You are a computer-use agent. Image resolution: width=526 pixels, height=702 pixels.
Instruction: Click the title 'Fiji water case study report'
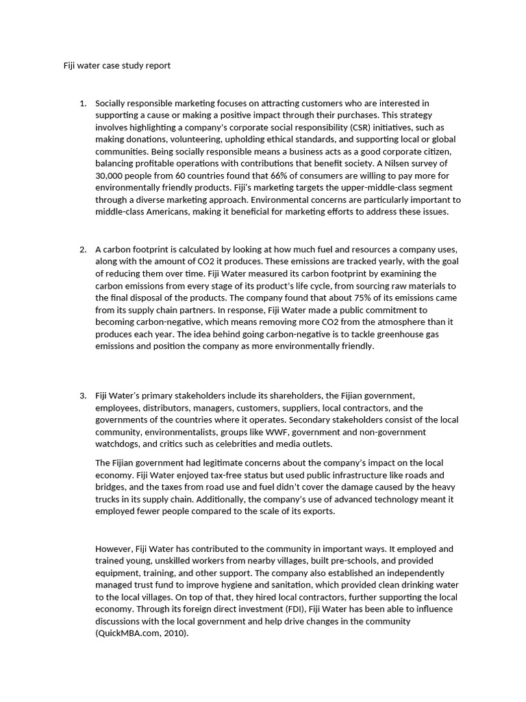pyautogui.click(x=112, y=66)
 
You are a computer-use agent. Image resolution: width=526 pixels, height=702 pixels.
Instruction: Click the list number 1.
pyautogui.click(x=82, y=103)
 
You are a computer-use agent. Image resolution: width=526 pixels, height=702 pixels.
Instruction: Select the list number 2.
pyautogui.click(x=82, y=249)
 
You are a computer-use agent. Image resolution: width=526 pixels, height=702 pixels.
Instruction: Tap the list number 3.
pyautogui.click(x=82, y=396)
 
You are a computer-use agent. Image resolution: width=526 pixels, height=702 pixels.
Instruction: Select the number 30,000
pyautogui.click(x=111, y=175)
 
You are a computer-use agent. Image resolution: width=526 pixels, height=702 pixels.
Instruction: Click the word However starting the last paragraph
pyautogui.click(x=114, y=549)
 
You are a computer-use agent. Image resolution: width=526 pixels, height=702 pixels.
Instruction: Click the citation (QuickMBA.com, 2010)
pyautogui.click(x=140, y=634)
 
